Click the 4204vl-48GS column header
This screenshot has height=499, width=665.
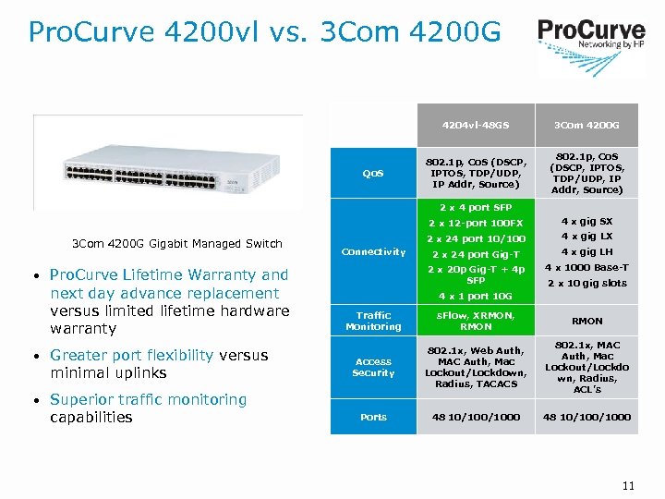pos(476,126)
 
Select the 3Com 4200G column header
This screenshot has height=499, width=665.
pos(586,126)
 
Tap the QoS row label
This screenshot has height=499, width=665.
pos(373,173)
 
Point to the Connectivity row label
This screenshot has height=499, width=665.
pos(373,252)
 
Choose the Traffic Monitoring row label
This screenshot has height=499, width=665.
pos(373,321)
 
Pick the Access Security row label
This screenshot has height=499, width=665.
pos(373,367)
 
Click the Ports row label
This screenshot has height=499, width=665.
pos(373,417)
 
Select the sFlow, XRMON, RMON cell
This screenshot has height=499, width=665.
pos(476,321)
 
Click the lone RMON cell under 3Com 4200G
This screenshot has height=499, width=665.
pos(586,321)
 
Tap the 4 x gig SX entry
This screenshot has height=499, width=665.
pos(586,222)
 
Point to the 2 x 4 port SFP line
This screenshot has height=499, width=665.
pos(476,207)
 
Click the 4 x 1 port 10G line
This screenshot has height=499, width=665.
pos(476,297)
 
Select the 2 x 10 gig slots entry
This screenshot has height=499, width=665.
pos(586,284)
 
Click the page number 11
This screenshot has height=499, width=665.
pos(628,485)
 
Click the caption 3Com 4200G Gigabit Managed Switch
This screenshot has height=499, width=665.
pos(177,244)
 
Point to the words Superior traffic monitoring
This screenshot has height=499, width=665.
pos(149,399)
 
